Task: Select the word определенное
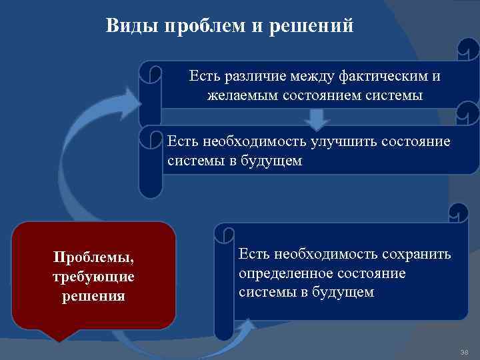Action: pos(285,273)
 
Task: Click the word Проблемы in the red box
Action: pos(94,257)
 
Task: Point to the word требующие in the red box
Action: pos(94,276)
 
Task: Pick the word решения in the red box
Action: pos(94,295)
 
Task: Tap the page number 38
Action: pos(465,351)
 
